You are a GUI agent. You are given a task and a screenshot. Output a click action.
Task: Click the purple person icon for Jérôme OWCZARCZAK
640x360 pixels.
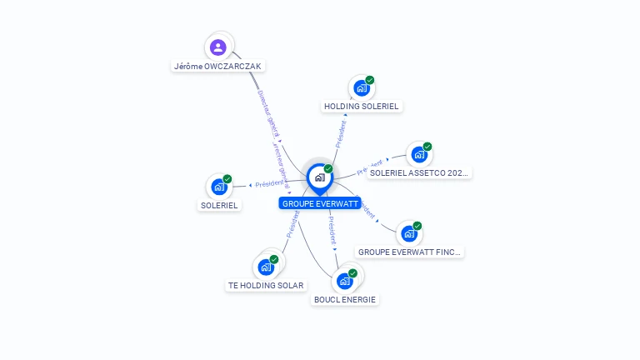pos(218,47)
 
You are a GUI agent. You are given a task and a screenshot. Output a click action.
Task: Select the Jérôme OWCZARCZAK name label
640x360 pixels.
pos(219,66)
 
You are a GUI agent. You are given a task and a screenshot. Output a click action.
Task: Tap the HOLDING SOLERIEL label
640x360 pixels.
pos(362,107)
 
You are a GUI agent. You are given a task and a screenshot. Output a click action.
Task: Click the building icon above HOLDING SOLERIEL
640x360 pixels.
pos(362,87)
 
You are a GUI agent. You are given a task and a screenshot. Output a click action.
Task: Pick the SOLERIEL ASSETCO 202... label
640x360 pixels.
pos(420,173)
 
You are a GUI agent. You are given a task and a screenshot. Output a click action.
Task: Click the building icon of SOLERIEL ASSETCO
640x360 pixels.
pos(419,154)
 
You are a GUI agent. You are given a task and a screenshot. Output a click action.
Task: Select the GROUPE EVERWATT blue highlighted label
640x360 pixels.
pos(320,203)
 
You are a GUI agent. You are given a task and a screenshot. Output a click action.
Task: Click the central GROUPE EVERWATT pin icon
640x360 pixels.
pos(319,177)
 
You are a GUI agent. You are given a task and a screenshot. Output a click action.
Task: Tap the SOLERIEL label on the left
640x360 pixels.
pos(219,205)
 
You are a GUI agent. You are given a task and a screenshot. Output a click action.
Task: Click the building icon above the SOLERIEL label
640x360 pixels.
pos(219,187)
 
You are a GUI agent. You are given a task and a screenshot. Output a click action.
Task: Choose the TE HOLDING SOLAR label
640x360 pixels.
pos(266,286)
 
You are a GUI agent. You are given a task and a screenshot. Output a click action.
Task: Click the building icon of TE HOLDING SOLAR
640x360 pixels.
pos(266,267)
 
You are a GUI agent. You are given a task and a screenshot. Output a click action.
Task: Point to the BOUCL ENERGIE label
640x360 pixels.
pos(345,299)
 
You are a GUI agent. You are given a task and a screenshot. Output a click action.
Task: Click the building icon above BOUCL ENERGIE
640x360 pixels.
pos(345,281)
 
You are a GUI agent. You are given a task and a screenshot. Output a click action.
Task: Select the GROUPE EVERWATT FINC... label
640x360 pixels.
pos(409,252)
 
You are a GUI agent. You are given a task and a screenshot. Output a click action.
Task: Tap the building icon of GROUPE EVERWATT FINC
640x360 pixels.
pos(409,233)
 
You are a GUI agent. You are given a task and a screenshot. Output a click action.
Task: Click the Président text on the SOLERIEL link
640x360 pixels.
pos(269,183)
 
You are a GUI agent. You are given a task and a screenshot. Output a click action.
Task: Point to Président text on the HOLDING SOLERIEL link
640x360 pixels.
pos(341,133)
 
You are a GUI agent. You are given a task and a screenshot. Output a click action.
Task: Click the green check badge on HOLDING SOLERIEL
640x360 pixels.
pos(370,80)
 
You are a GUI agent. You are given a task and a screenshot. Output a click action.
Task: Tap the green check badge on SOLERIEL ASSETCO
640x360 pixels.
pos(427,147)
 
